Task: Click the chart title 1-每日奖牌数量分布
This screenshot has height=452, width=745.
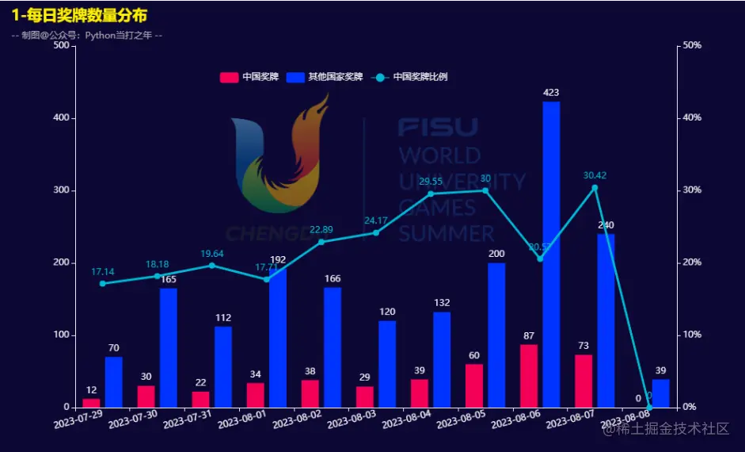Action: click(x=79, y=15)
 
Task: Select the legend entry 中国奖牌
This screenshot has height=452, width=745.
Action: click(x=250, y=77)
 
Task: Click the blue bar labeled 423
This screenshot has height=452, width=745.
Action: click(x=551, y=254)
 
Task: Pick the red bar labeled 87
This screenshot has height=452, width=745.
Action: click(x=529, y=376)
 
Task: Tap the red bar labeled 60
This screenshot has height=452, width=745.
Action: click(x=474, y=385)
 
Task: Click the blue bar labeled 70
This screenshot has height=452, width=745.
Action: click(x=114, y=382)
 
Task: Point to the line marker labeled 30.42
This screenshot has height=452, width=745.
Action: click(x=595, y=188)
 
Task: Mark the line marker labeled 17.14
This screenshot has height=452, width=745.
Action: click(x=103, y=283)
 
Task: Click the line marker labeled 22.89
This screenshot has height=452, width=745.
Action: click(x=321, y=242)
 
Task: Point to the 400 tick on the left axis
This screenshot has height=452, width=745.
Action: click(x=59, y=118)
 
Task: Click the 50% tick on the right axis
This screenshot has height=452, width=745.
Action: click(x=692, y=45)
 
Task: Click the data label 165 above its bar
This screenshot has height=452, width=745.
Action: click(x=169, y=280)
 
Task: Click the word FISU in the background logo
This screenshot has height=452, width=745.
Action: click(x=438, y=127)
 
